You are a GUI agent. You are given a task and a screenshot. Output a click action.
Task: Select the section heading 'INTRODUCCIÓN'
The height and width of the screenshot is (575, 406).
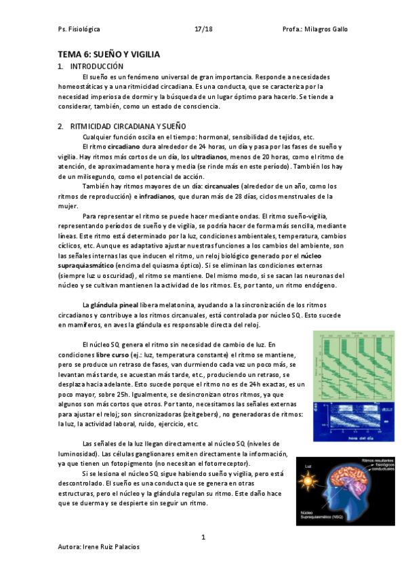[97, 66]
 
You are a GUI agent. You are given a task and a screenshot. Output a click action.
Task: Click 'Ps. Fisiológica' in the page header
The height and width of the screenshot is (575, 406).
[79, 30]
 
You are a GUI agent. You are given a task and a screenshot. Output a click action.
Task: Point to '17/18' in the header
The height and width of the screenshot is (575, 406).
[203, 30]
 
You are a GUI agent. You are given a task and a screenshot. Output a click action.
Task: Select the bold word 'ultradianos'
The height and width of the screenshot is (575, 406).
[209, 157]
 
